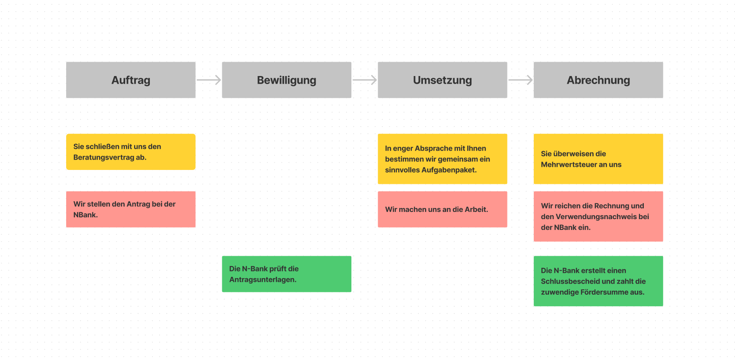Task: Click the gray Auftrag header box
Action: coord(131,80)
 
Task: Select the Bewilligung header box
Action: coord(287,80)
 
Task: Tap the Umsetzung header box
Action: coord(442,80)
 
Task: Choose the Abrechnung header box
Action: coord(598,80)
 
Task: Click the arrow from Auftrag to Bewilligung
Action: coord(209,80)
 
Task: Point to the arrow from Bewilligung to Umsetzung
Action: coord(364,80)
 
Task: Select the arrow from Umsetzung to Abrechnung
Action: coord(520,80)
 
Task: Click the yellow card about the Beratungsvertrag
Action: coord(131,152)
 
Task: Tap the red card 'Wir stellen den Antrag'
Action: coord(131,209)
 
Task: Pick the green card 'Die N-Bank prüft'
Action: coord(287,274)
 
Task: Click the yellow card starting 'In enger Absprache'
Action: coord(442,158)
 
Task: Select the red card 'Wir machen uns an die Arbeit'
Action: coord(442,209)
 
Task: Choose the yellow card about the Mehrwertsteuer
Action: coord(598,158)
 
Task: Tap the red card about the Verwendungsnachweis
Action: coord(598,216)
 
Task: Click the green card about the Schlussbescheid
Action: coord(598,281)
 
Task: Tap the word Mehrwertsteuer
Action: coord(569,165)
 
